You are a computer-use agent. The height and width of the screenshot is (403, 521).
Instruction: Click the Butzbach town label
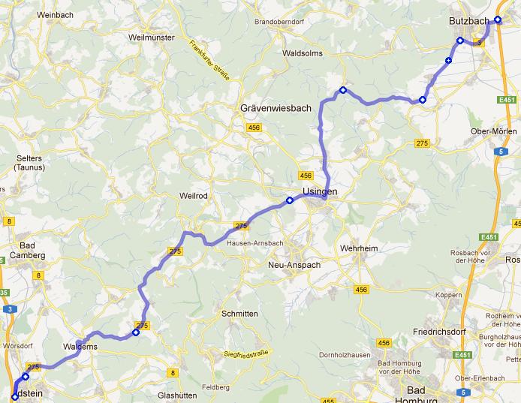click(470, 21)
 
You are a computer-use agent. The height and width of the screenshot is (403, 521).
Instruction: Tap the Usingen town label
click(321, 193)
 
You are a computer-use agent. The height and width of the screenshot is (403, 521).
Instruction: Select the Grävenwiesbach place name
click(276, 109)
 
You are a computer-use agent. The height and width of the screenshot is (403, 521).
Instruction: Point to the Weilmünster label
click(151, 38)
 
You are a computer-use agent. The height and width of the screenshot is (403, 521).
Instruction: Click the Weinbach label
click(54, 15)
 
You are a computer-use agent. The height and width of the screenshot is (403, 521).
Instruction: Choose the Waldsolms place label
click(303, 54)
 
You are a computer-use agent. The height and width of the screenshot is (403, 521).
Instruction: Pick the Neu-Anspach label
click(294, 265)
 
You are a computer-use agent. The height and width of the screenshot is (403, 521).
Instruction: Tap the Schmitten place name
click(240, 314)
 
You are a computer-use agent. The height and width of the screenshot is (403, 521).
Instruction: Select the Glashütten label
click(177, 395)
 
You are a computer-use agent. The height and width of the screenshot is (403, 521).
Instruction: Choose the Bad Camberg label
click(28, 251)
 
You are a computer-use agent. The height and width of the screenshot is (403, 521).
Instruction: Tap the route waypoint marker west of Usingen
click(289, 200)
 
